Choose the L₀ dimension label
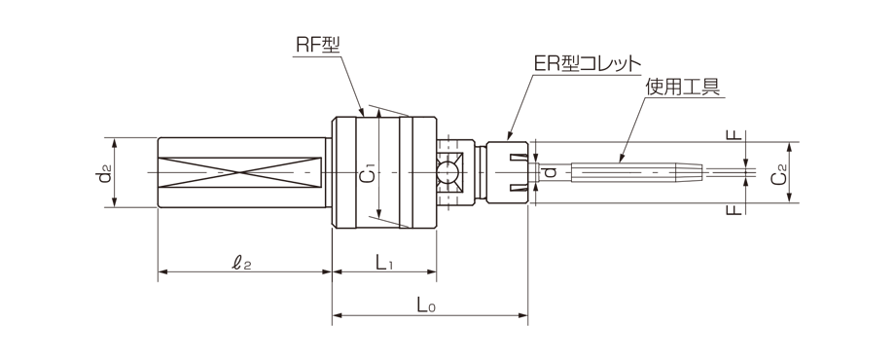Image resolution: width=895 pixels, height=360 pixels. point(425,306)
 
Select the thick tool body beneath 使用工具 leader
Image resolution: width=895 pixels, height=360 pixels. point(632,172)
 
